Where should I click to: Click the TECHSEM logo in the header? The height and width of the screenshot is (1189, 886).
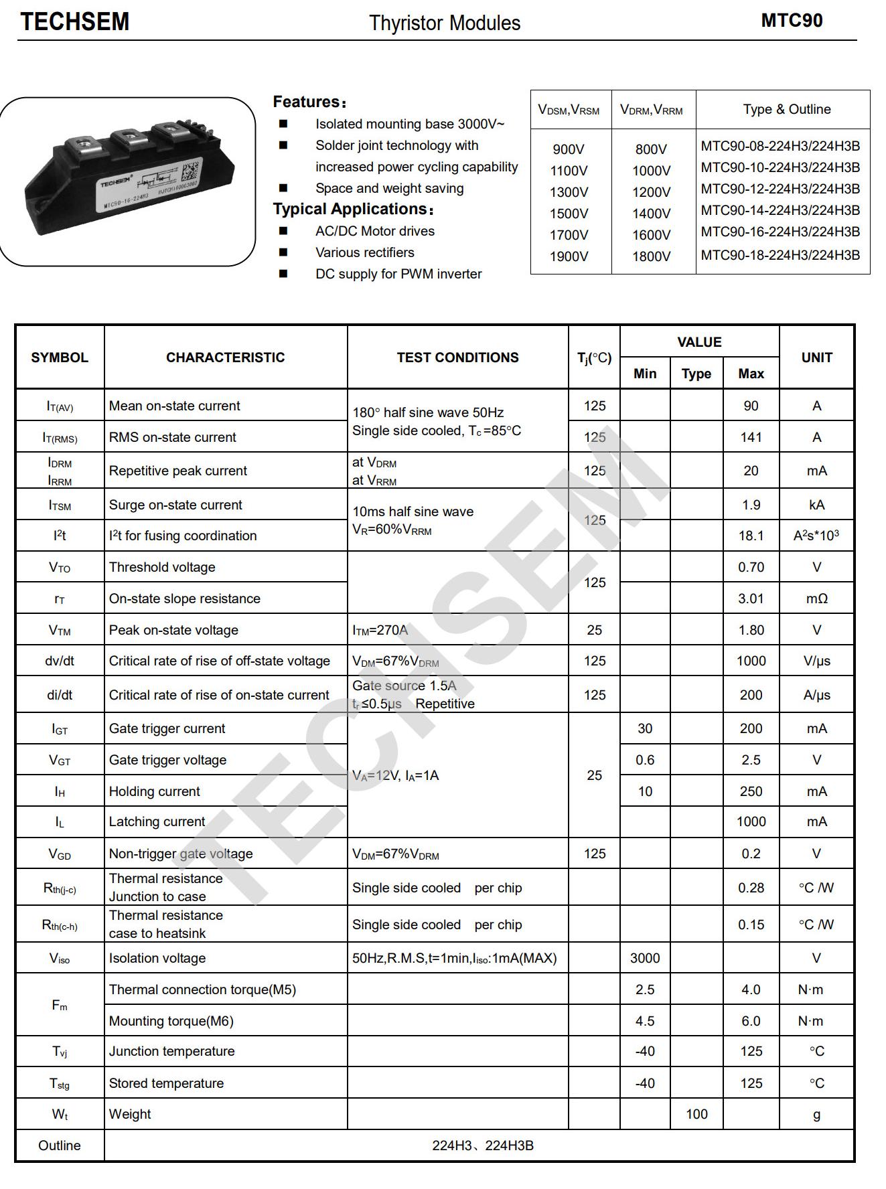tap(74, 22)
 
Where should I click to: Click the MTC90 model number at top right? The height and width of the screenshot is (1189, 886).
tap(792, 21)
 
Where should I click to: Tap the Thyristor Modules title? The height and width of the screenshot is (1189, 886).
tap(444, 23)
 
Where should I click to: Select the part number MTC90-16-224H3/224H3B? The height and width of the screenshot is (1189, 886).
tap(780, 232)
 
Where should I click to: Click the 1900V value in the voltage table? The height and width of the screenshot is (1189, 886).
tap(569, 256)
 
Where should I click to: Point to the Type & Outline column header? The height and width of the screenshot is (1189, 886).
tap(786, 109)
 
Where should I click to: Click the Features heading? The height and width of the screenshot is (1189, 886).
tap(309, 102)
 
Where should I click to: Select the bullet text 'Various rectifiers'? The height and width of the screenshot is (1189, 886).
tap(364, 252)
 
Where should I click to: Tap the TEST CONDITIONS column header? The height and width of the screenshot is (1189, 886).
tap(457, 358)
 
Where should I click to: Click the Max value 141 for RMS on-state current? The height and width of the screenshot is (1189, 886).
tap(751, 437)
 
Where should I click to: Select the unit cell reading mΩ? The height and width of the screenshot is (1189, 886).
tap(816, 599)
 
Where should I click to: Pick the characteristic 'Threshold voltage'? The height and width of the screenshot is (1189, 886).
tap(162, 567)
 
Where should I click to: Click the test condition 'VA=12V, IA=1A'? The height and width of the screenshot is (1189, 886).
tap(395, 775)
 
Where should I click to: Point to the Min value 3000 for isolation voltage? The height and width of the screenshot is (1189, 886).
tap(644, 958)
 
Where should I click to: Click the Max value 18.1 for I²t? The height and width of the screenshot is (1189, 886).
tap(751, 536)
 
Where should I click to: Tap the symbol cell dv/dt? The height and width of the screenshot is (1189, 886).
tap(60, 661)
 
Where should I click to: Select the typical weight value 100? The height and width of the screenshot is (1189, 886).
tap(696, 1114)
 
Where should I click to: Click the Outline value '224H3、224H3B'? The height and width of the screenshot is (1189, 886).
tap(482, 1145)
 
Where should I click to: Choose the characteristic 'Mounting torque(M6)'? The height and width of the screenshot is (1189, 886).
tap(171, 1021)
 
